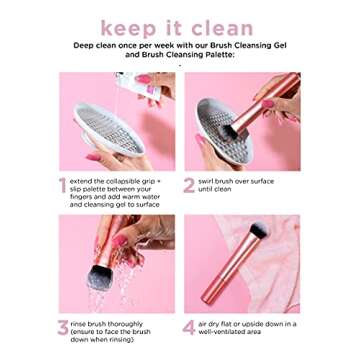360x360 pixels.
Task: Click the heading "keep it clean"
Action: tap(180, 27)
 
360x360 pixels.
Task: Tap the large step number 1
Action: tap(62, 186)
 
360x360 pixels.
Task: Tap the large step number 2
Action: tap(188, 186)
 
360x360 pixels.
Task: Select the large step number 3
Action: tap(62, 325)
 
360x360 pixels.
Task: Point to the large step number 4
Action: tap(189, 325)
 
